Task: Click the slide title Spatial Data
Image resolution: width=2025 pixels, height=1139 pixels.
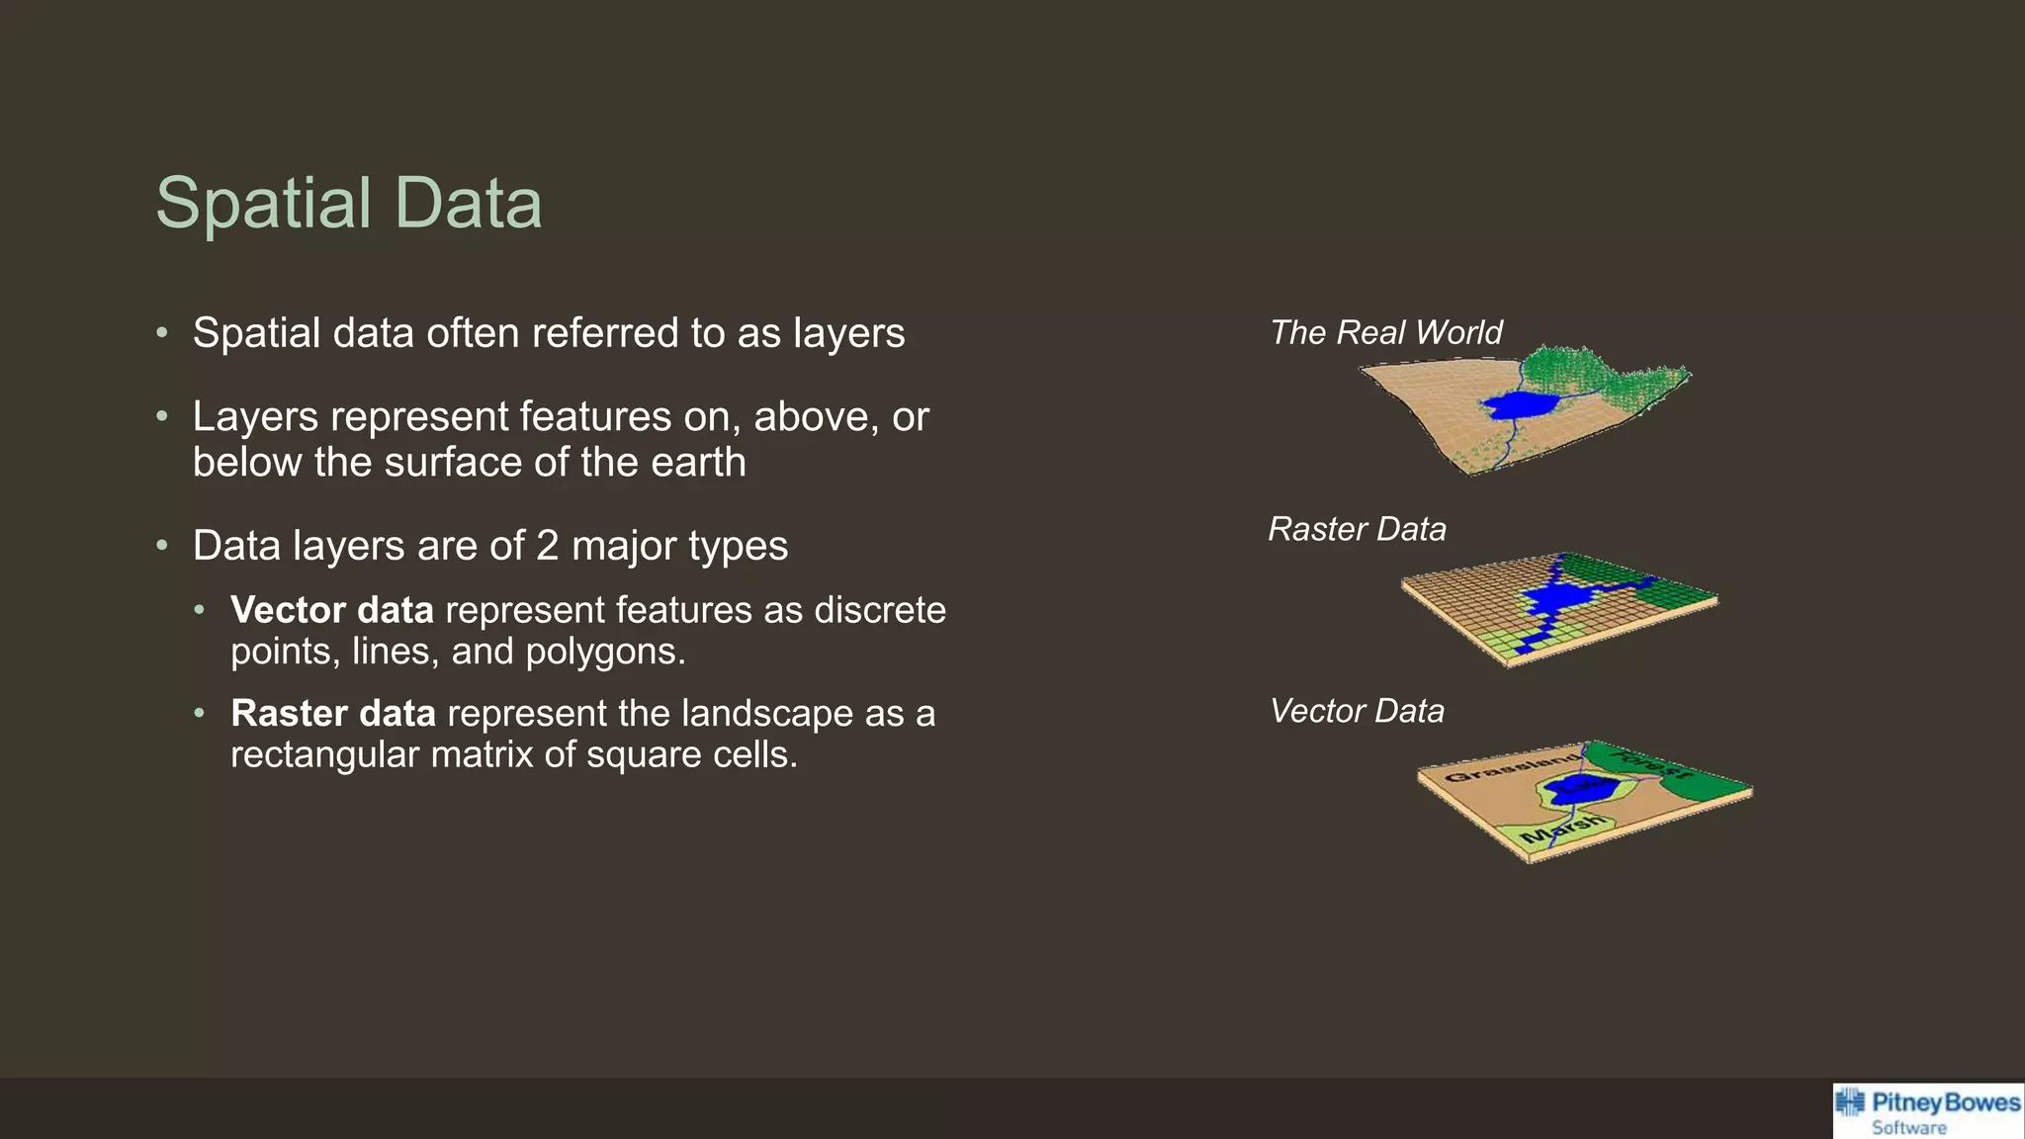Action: pos(348,204)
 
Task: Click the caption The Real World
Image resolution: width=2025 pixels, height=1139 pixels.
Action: pos(1385,332)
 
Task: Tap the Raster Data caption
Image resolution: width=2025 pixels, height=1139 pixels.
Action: pos(1357,529)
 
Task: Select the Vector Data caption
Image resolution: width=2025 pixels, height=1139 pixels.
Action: pos(1357,711)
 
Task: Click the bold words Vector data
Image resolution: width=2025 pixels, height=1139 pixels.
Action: pos(331,610)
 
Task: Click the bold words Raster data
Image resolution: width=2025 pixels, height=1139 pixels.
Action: pos(332,714)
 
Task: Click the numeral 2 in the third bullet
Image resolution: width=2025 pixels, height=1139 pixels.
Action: pos(547,546)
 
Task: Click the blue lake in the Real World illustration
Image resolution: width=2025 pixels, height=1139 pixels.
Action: pos(1520,404)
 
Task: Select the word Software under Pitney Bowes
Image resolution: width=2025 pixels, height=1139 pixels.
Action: pos(1908,1128)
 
